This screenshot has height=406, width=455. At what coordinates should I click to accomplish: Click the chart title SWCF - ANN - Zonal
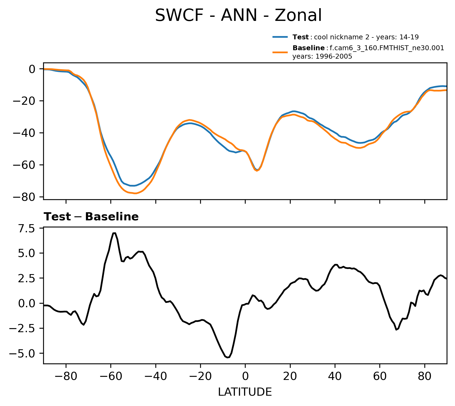[238, 15]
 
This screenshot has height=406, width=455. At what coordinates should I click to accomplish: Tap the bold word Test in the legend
[300, 37]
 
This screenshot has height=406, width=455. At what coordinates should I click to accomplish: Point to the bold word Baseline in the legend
[309, 48]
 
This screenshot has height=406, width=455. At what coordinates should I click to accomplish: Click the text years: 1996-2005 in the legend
[322, 56]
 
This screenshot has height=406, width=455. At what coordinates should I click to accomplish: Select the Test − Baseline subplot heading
[91, 217]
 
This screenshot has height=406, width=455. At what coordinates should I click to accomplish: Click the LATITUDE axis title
[245, 392]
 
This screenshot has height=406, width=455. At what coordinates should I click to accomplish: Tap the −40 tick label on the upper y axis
[27, 133]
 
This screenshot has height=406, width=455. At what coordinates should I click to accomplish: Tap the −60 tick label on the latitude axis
[110, 376]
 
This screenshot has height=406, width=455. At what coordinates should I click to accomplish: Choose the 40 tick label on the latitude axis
[335, 376]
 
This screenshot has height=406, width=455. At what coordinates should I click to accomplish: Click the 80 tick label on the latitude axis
[425, 376]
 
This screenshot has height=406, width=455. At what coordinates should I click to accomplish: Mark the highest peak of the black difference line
[114, 233]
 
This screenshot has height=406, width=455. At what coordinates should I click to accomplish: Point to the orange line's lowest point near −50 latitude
[135, 194]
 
